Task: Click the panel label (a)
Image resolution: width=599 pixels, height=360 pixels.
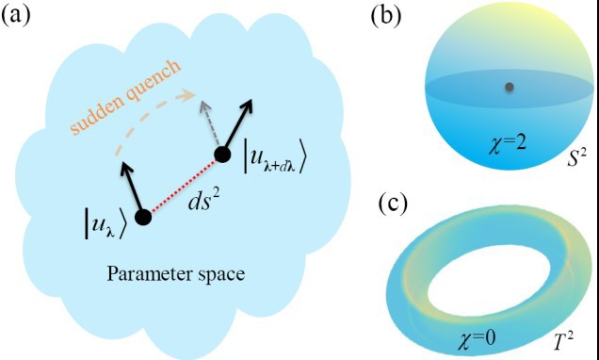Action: point(16,17)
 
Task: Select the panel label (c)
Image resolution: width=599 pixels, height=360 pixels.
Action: point(393,205)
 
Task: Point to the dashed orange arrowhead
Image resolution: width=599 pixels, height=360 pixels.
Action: point(188,95)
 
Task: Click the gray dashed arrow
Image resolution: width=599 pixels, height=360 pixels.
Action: point(211,123)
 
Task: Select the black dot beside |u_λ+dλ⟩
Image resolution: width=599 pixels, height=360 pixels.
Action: point(222,155)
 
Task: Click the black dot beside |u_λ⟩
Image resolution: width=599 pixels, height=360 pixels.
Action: point(143,217)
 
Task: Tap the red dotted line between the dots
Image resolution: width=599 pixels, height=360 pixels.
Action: point(183,186)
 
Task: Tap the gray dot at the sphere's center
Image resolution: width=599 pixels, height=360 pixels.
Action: point(509,87)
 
